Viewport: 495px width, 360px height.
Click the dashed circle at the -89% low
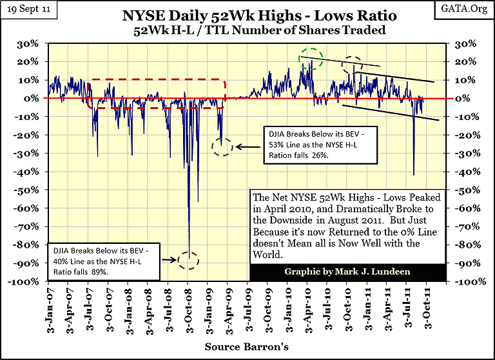pos(189,261)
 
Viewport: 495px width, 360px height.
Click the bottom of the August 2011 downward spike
pos(413,174)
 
